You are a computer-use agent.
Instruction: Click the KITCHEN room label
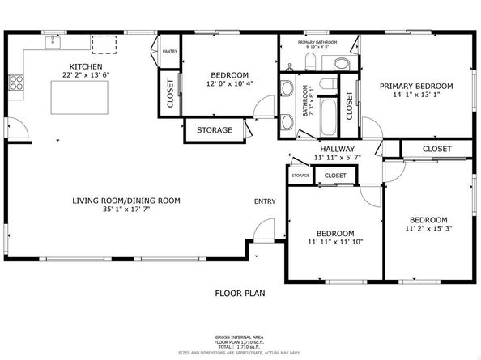(85, 66)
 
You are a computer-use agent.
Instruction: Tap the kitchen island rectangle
(78, 97)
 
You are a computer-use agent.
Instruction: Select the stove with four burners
(15, 81)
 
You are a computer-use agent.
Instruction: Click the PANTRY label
(170, 51)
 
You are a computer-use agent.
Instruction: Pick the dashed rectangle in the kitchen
(104, 44)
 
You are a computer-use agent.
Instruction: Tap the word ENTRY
(265, 201)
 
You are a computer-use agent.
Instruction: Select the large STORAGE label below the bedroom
(214, 130)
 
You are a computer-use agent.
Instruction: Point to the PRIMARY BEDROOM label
(416, 85)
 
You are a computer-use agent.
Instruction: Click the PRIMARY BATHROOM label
(317, 42)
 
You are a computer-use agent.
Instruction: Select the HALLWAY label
(338, 149)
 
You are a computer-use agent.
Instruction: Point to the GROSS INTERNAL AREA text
(240, 335)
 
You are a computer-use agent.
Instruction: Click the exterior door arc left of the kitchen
(16, 128)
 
